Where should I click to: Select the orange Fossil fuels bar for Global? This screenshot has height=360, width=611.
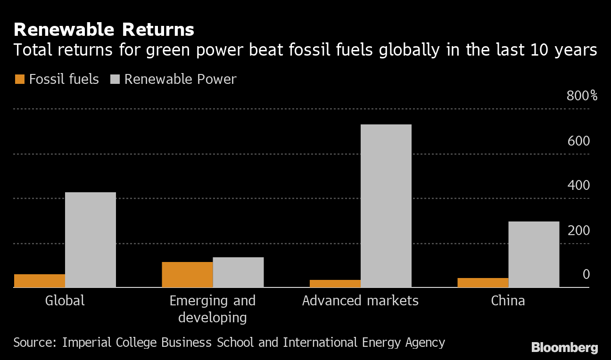(x=40, y=280)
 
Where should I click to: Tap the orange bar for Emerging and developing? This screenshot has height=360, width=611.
(x=187, y=274)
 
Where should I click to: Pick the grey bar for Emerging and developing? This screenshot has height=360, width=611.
(x=238, y=272)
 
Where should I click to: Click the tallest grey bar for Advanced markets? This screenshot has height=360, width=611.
(x=386, y=205)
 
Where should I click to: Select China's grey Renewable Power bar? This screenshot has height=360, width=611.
(x=534, y=254)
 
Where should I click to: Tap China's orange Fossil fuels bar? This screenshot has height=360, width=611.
(x=483, y=282)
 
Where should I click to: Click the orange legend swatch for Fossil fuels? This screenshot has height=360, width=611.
(x=20, y=79)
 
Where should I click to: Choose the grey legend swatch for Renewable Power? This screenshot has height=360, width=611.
(x=115, y=79)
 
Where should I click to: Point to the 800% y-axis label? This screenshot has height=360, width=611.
(x=582, y=96)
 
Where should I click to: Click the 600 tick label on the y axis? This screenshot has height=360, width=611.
(x=578, y=141)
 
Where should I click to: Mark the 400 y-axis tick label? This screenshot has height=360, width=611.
(x=578, y=185)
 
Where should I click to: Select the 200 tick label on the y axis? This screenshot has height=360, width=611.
(x=578, y=230)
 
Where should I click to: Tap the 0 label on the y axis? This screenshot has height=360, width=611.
(x=586, y=274)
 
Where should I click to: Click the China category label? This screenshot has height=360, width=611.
(x=508, y=301)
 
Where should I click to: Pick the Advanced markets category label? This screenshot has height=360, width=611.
(x=360, y=301)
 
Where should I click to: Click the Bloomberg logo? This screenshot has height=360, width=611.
(x=564, y=348)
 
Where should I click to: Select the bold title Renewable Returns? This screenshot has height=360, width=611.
(x=104, y=30)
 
